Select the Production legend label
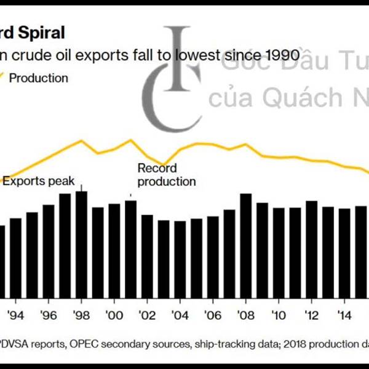[39, 78]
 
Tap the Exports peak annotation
[38, 181]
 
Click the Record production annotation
[166, 175]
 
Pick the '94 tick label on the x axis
[15, 315]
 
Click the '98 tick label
[81, 315]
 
